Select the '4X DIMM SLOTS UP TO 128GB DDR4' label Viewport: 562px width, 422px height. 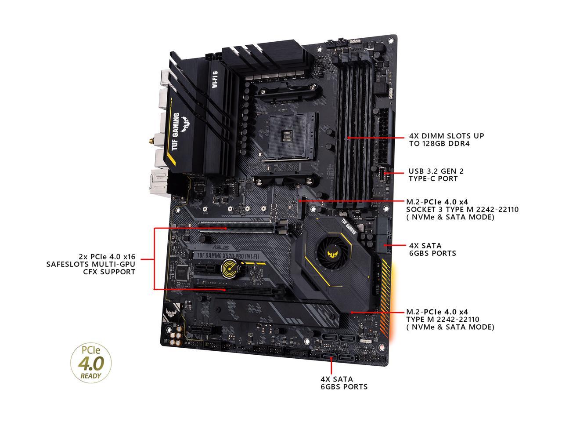(x=446, y=140)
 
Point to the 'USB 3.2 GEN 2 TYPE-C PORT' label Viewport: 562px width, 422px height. (x=436, y=175)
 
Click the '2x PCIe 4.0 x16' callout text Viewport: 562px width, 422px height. (x=91, y=264)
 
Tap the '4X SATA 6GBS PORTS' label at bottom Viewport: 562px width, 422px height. (x=344, y=382)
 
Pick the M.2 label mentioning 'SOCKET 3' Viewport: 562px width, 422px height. (x=462, y=209)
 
